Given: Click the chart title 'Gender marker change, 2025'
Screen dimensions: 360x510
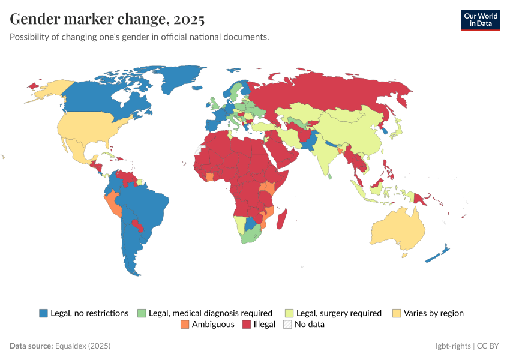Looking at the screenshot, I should click(107, 19).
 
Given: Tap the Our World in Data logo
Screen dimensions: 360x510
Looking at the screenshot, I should click(480, 20).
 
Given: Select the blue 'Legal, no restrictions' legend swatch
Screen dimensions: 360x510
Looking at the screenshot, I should click(43, 313).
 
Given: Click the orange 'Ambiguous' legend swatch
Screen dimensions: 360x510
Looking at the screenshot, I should click(184, 325).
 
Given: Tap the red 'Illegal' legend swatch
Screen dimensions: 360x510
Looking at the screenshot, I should click(246, 325).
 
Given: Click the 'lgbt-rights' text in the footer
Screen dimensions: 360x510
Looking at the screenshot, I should click(452, 346).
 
